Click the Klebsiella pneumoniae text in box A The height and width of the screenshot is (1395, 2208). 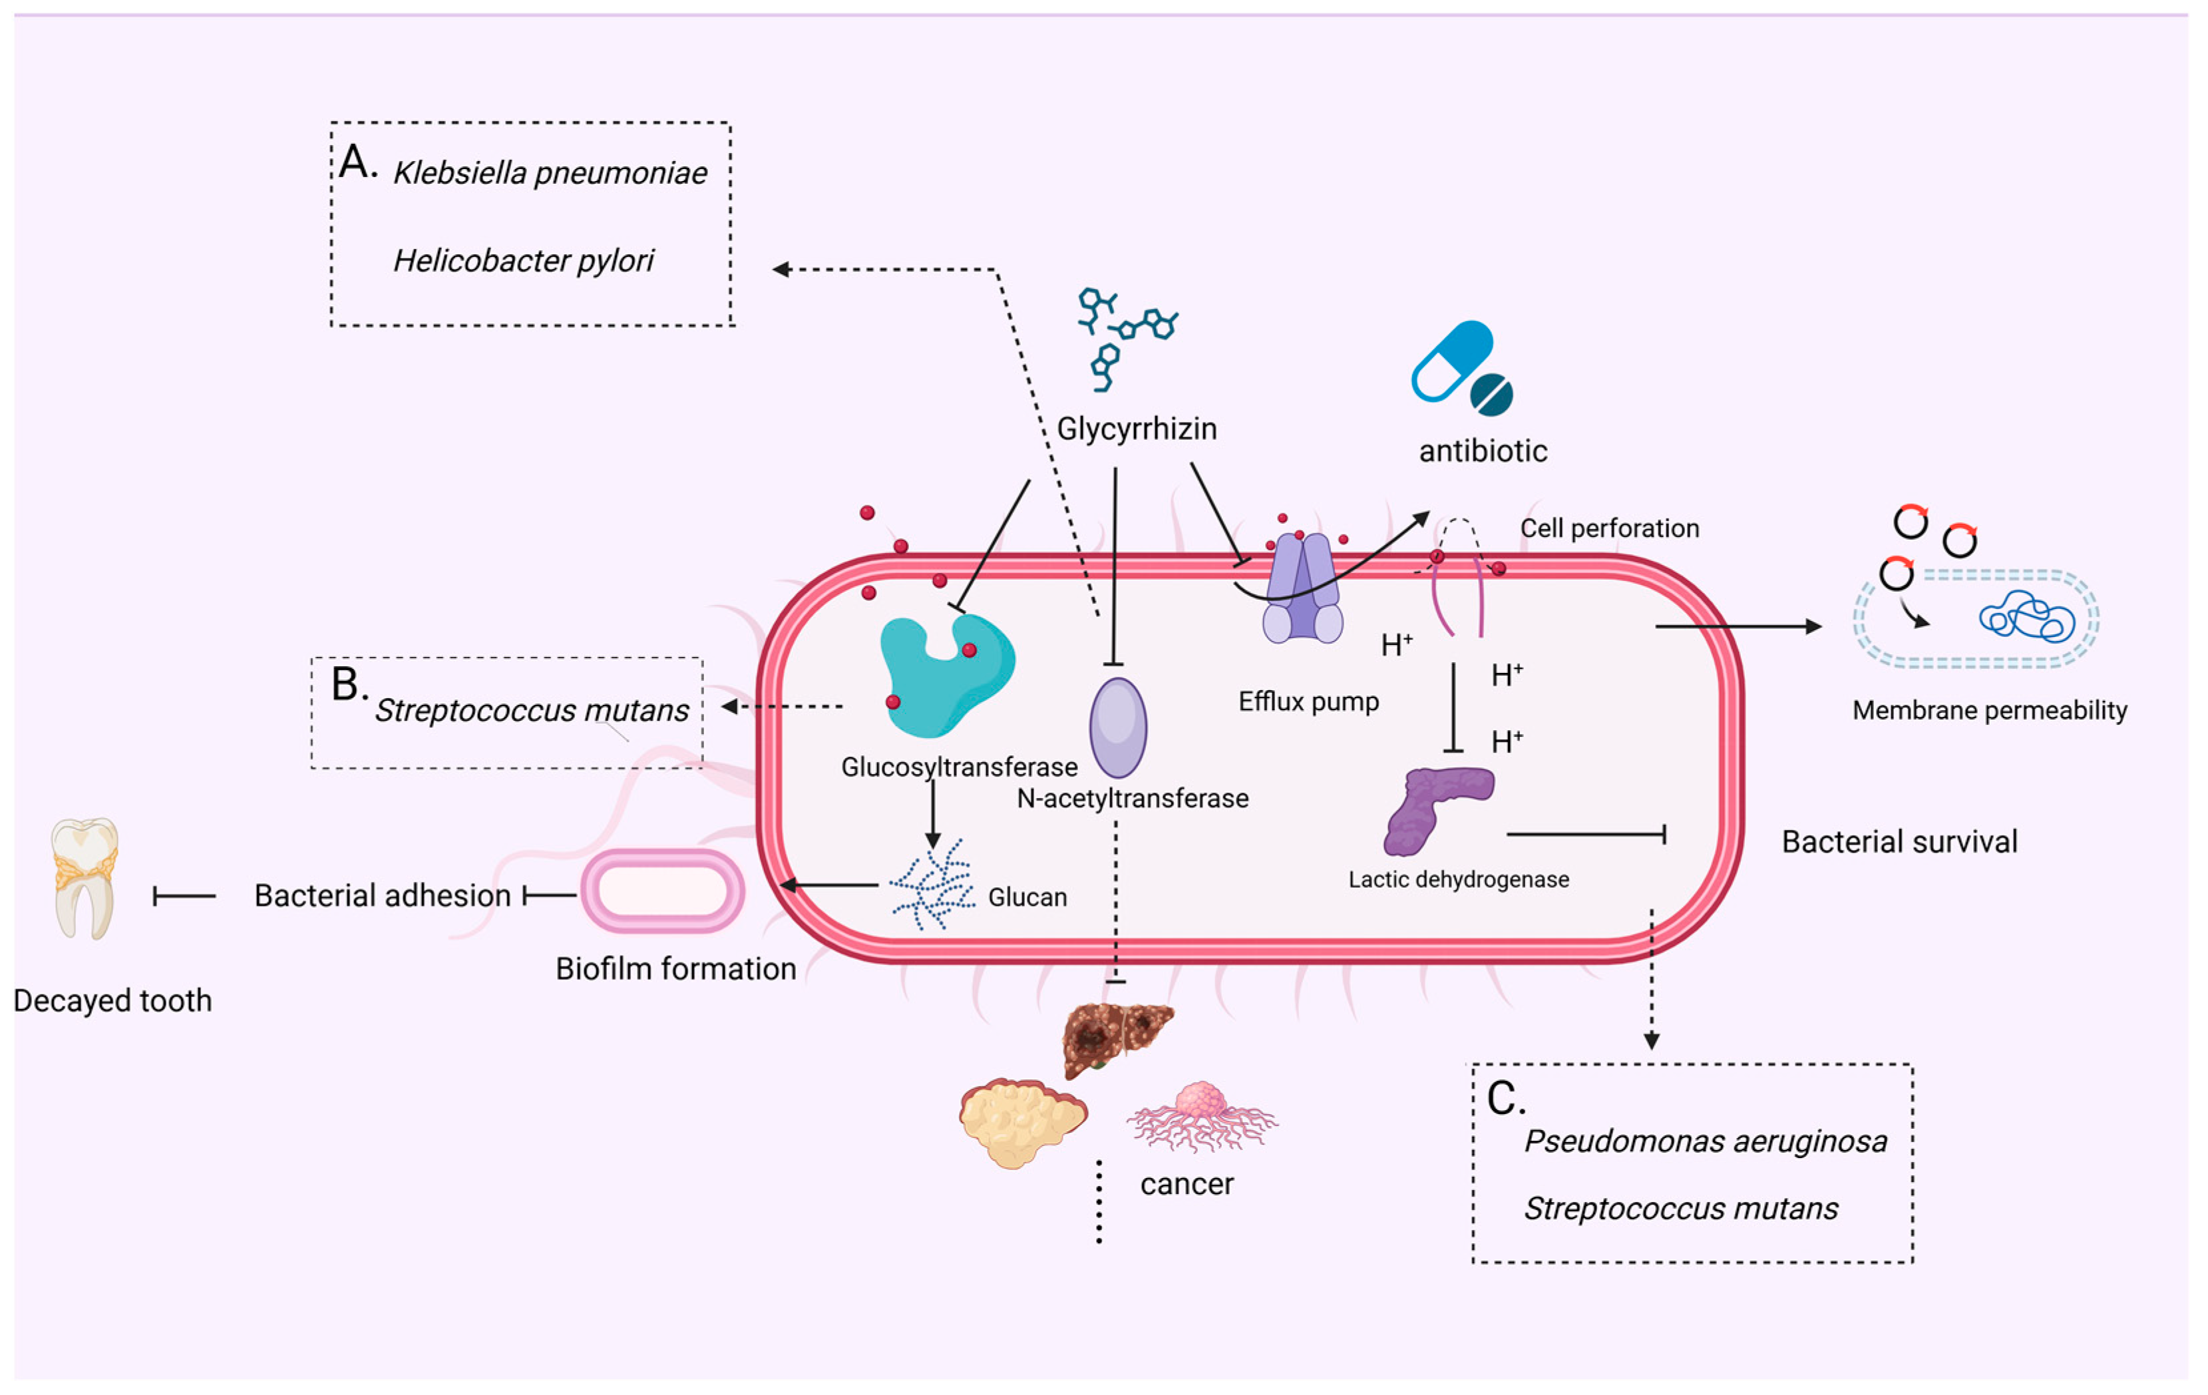550,172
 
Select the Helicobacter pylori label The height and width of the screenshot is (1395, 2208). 522,260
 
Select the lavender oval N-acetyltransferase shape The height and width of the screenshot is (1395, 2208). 1118,727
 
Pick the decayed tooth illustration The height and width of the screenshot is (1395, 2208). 85,878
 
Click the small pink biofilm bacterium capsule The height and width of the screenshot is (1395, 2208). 662,890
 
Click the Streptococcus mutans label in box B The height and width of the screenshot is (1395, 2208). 532,710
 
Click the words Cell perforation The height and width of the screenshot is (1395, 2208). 1609,528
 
